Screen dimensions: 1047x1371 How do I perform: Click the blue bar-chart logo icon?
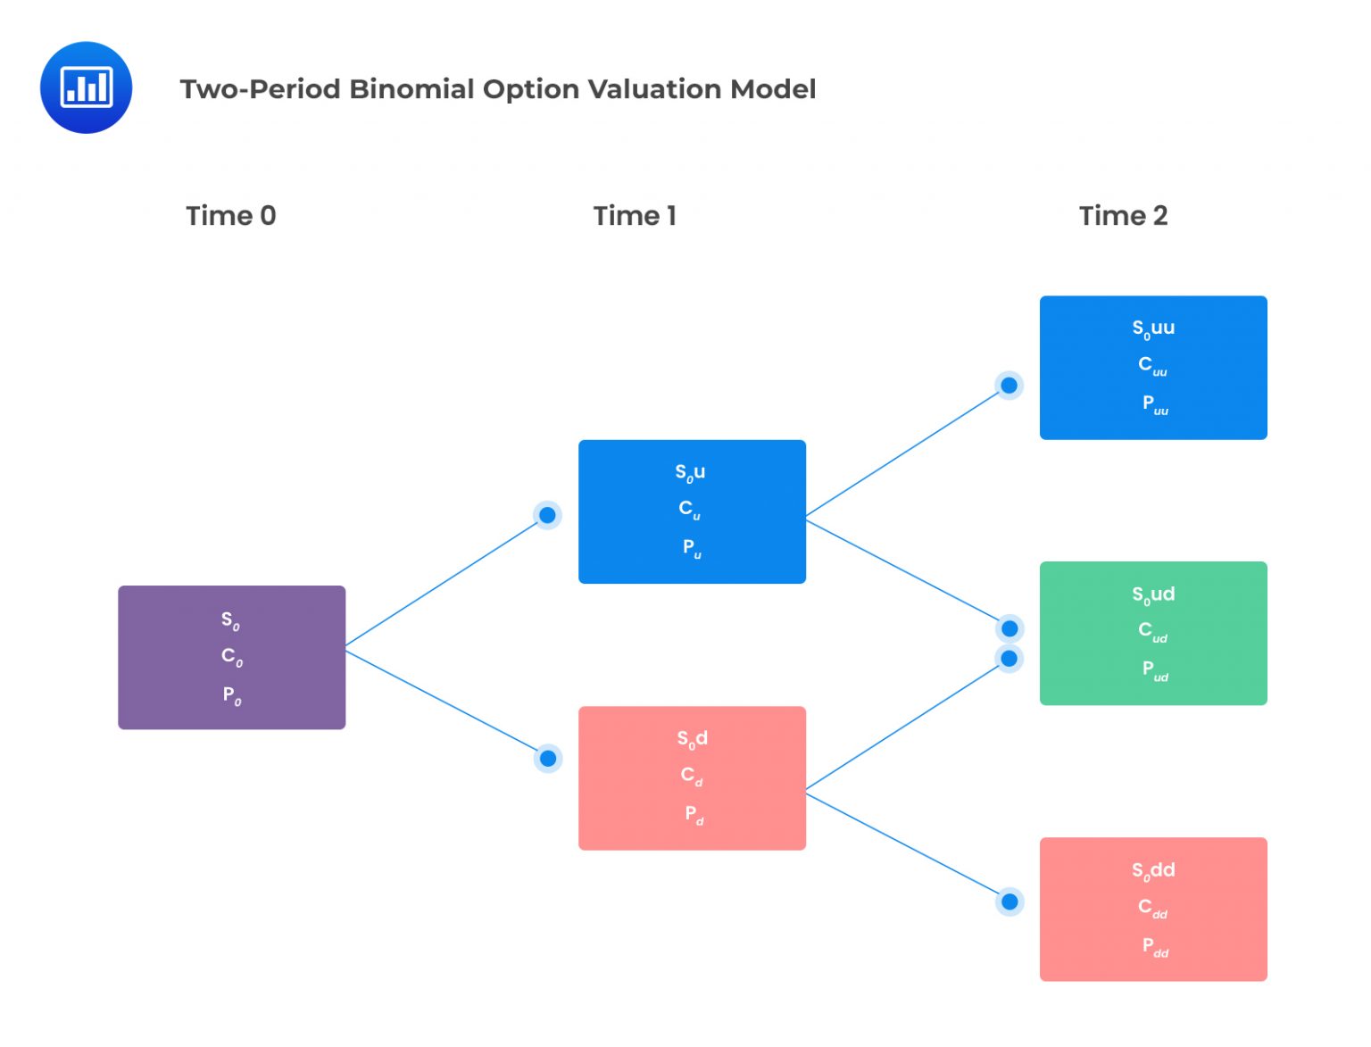tap(86, 87)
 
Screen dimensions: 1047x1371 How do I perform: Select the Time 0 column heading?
tap(230, 216)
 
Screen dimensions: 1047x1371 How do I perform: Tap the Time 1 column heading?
tap(635, 216)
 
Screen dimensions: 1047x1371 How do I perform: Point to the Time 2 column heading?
tap(1123, 216)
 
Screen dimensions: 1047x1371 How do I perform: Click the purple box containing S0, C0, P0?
tap(231, 658)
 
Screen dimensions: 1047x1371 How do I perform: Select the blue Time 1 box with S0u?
tap(692, 511)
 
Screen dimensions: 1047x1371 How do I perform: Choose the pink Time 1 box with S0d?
tap(692, 778)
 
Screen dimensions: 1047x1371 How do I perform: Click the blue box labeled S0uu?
tap(1153, 368)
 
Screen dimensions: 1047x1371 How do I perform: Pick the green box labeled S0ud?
tap(1153, 633)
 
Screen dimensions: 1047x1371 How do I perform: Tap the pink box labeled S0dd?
tap(1153, 909)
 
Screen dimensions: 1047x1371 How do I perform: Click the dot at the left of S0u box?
tap(547, 515)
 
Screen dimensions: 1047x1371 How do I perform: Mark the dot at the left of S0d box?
tap(547, 759)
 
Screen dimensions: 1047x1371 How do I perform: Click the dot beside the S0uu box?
tap(1009, 386)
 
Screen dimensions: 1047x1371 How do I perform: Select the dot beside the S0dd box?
tap(1010, 902)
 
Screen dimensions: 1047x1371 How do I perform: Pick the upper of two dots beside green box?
tap(1010, 628)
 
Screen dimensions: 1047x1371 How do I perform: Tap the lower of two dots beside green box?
tap(1010, 659)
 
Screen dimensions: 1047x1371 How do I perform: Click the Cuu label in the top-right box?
tap(1151, 365)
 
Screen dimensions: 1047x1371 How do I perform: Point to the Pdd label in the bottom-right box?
tap(1154, 946)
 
